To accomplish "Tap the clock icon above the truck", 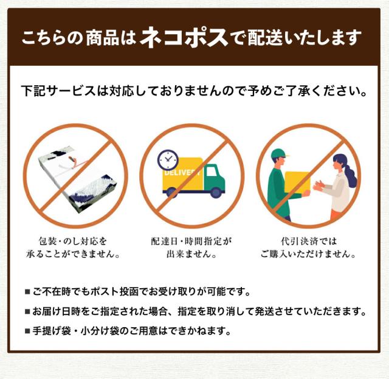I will [168, 160].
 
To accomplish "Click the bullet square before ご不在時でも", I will [28, 292].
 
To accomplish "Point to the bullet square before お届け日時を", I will [28, 312].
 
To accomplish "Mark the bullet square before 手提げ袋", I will [28, 332].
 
